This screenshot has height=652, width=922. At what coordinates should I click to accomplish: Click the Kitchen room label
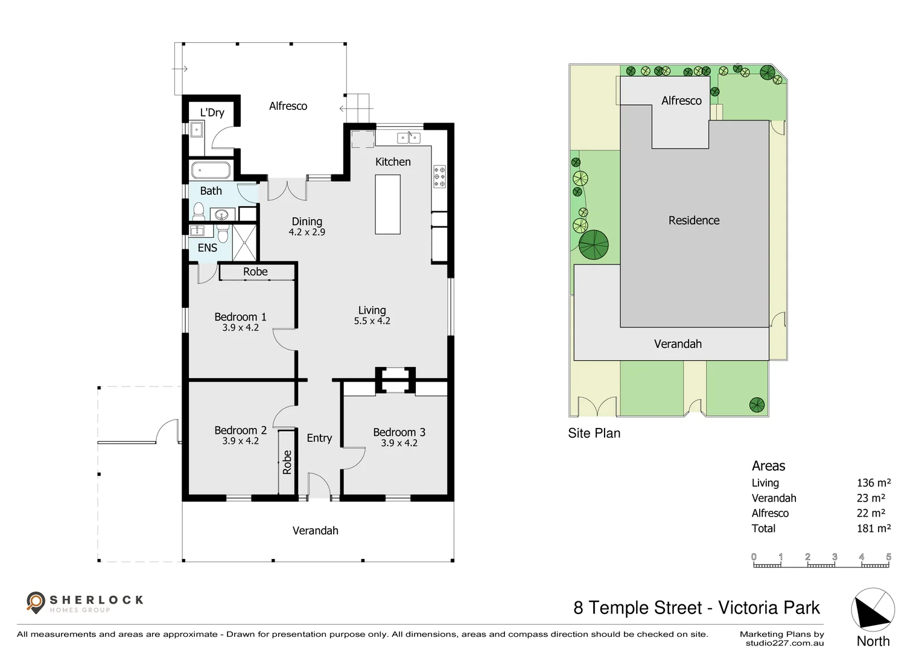tap(393, 162)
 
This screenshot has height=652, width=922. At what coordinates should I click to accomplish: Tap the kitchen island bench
tap(387, 204)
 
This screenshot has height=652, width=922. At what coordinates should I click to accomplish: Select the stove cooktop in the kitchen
tap(439, 177)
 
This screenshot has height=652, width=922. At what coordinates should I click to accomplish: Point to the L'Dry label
tap(212, 112)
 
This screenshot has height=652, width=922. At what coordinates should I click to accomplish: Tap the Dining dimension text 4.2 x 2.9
tap(307, 232)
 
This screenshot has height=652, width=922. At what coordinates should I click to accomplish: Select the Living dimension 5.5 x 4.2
tap(372, 321)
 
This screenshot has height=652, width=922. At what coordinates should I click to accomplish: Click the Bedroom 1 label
tap(240, 317)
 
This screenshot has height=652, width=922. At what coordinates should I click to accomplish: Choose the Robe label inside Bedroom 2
tap(287, 462)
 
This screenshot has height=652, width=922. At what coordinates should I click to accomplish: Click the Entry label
tap(319, 438)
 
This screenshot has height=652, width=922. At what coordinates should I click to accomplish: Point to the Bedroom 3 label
tap(399, 432)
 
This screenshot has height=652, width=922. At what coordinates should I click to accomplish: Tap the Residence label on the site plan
tap(694, 220)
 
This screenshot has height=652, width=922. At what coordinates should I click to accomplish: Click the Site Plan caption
tap(594, 433)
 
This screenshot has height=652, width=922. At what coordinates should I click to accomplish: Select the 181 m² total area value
tap(874, 528)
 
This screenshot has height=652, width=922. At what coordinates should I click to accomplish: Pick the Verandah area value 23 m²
tap(871, 498)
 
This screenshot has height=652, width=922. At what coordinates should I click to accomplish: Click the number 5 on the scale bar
tap(889, 557)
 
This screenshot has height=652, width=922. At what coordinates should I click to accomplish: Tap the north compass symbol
tap(873, 610)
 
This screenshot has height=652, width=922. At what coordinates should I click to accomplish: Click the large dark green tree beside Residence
tap(594, 245)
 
